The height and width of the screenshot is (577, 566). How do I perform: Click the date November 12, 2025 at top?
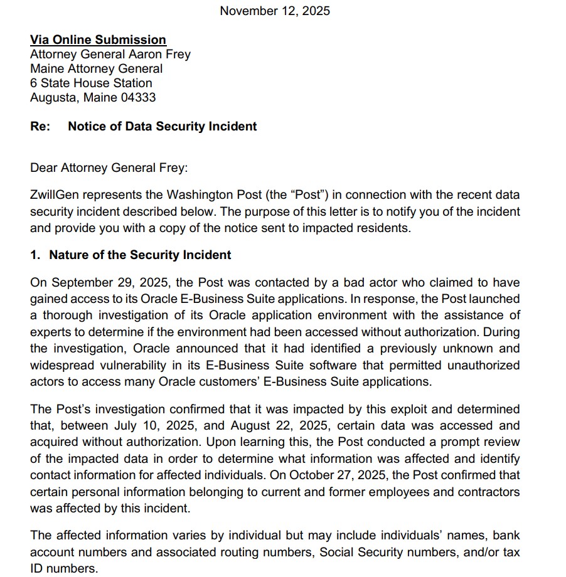[275, 11]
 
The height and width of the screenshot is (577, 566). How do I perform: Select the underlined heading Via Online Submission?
[98, 40]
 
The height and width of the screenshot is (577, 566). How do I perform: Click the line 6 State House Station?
[91, 83]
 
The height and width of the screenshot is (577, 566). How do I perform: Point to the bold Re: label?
[40, 126]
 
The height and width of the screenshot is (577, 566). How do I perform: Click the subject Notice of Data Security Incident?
[163, 126]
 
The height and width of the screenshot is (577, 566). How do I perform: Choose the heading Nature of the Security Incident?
[140, 255]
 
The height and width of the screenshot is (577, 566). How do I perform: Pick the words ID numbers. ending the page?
[64, 568]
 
